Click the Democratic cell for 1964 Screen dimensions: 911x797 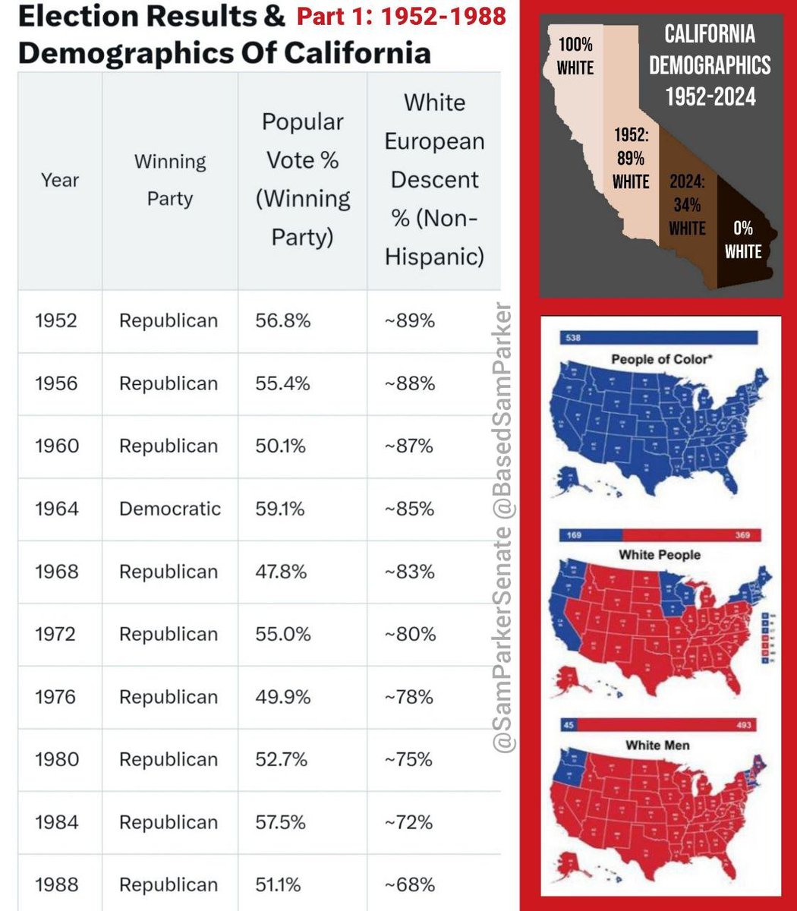(x=170, y=509)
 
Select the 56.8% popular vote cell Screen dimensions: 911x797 (x=283, y=320)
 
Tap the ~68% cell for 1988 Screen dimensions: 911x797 (x=410, y=884)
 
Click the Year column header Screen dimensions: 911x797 (x=60, y=180)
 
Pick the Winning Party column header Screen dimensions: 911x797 (x=170, y=180)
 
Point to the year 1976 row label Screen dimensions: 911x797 (x=55, y=697)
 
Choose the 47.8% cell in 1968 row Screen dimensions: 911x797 (x=281, y=572)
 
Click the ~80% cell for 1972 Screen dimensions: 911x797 (x=410, y=634)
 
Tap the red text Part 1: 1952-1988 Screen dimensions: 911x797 (x=402, y=16)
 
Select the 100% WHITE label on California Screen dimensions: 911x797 (x=575, y=56)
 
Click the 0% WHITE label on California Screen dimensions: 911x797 (x=742, y=240)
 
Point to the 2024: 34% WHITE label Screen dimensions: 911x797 (x=687, y=205)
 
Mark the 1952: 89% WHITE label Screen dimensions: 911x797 (x=631, y=159)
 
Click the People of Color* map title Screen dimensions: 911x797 (x=661, y=358)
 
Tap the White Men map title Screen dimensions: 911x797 (x=657, y=745)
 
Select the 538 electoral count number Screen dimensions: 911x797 (x=572, y=338)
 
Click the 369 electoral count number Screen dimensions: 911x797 (x=742, y=535)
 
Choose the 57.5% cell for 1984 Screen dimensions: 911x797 (x=281, y=822)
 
